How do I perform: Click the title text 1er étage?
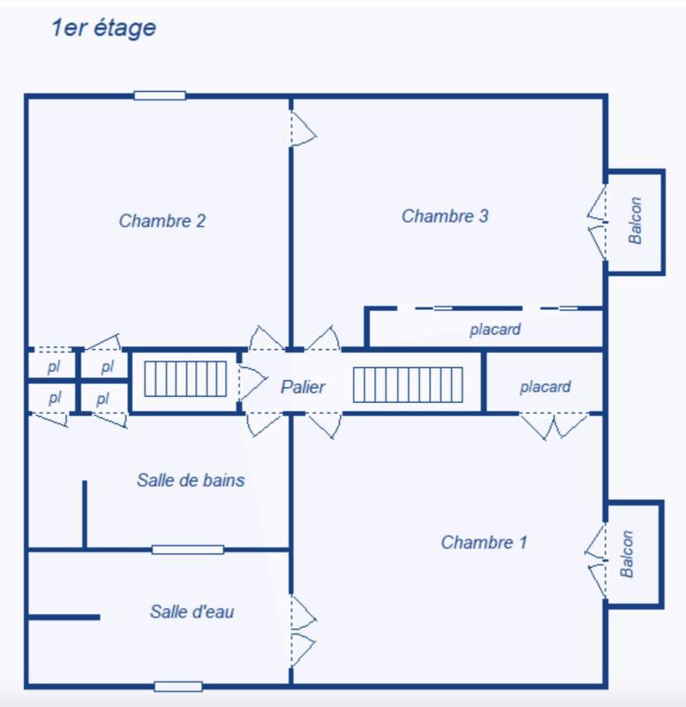coord(103,28)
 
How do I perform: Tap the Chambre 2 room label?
coord(162,221)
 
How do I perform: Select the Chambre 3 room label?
coord(445,216)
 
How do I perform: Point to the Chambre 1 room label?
coord(484,543)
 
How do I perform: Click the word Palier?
coord(303,387)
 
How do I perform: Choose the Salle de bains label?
coord(191,481)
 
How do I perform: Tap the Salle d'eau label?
coord(192,612)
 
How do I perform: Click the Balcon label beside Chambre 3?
coord(635,221)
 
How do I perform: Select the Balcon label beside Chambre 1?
coord(628,554)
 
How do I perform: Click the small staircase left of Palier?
coord(186,379)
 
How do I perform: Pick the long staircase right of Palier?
coord(408,384)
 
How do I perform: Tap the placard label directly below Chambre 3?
coord(494,330)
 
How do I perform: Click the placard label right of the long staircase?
coord(545,387)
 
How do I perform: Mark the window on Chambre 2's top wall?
coord(160,95)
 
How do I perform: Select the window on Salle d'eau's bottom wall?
coord(178,686)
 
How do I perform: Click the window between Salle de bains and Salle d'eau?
coord(187,550)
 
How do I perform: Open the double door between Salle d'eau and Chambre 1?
coord(302,631)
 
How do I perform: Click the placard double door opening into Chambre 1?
coord(554,425)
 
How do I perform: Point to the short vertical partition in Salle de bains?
coord(85,514)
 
